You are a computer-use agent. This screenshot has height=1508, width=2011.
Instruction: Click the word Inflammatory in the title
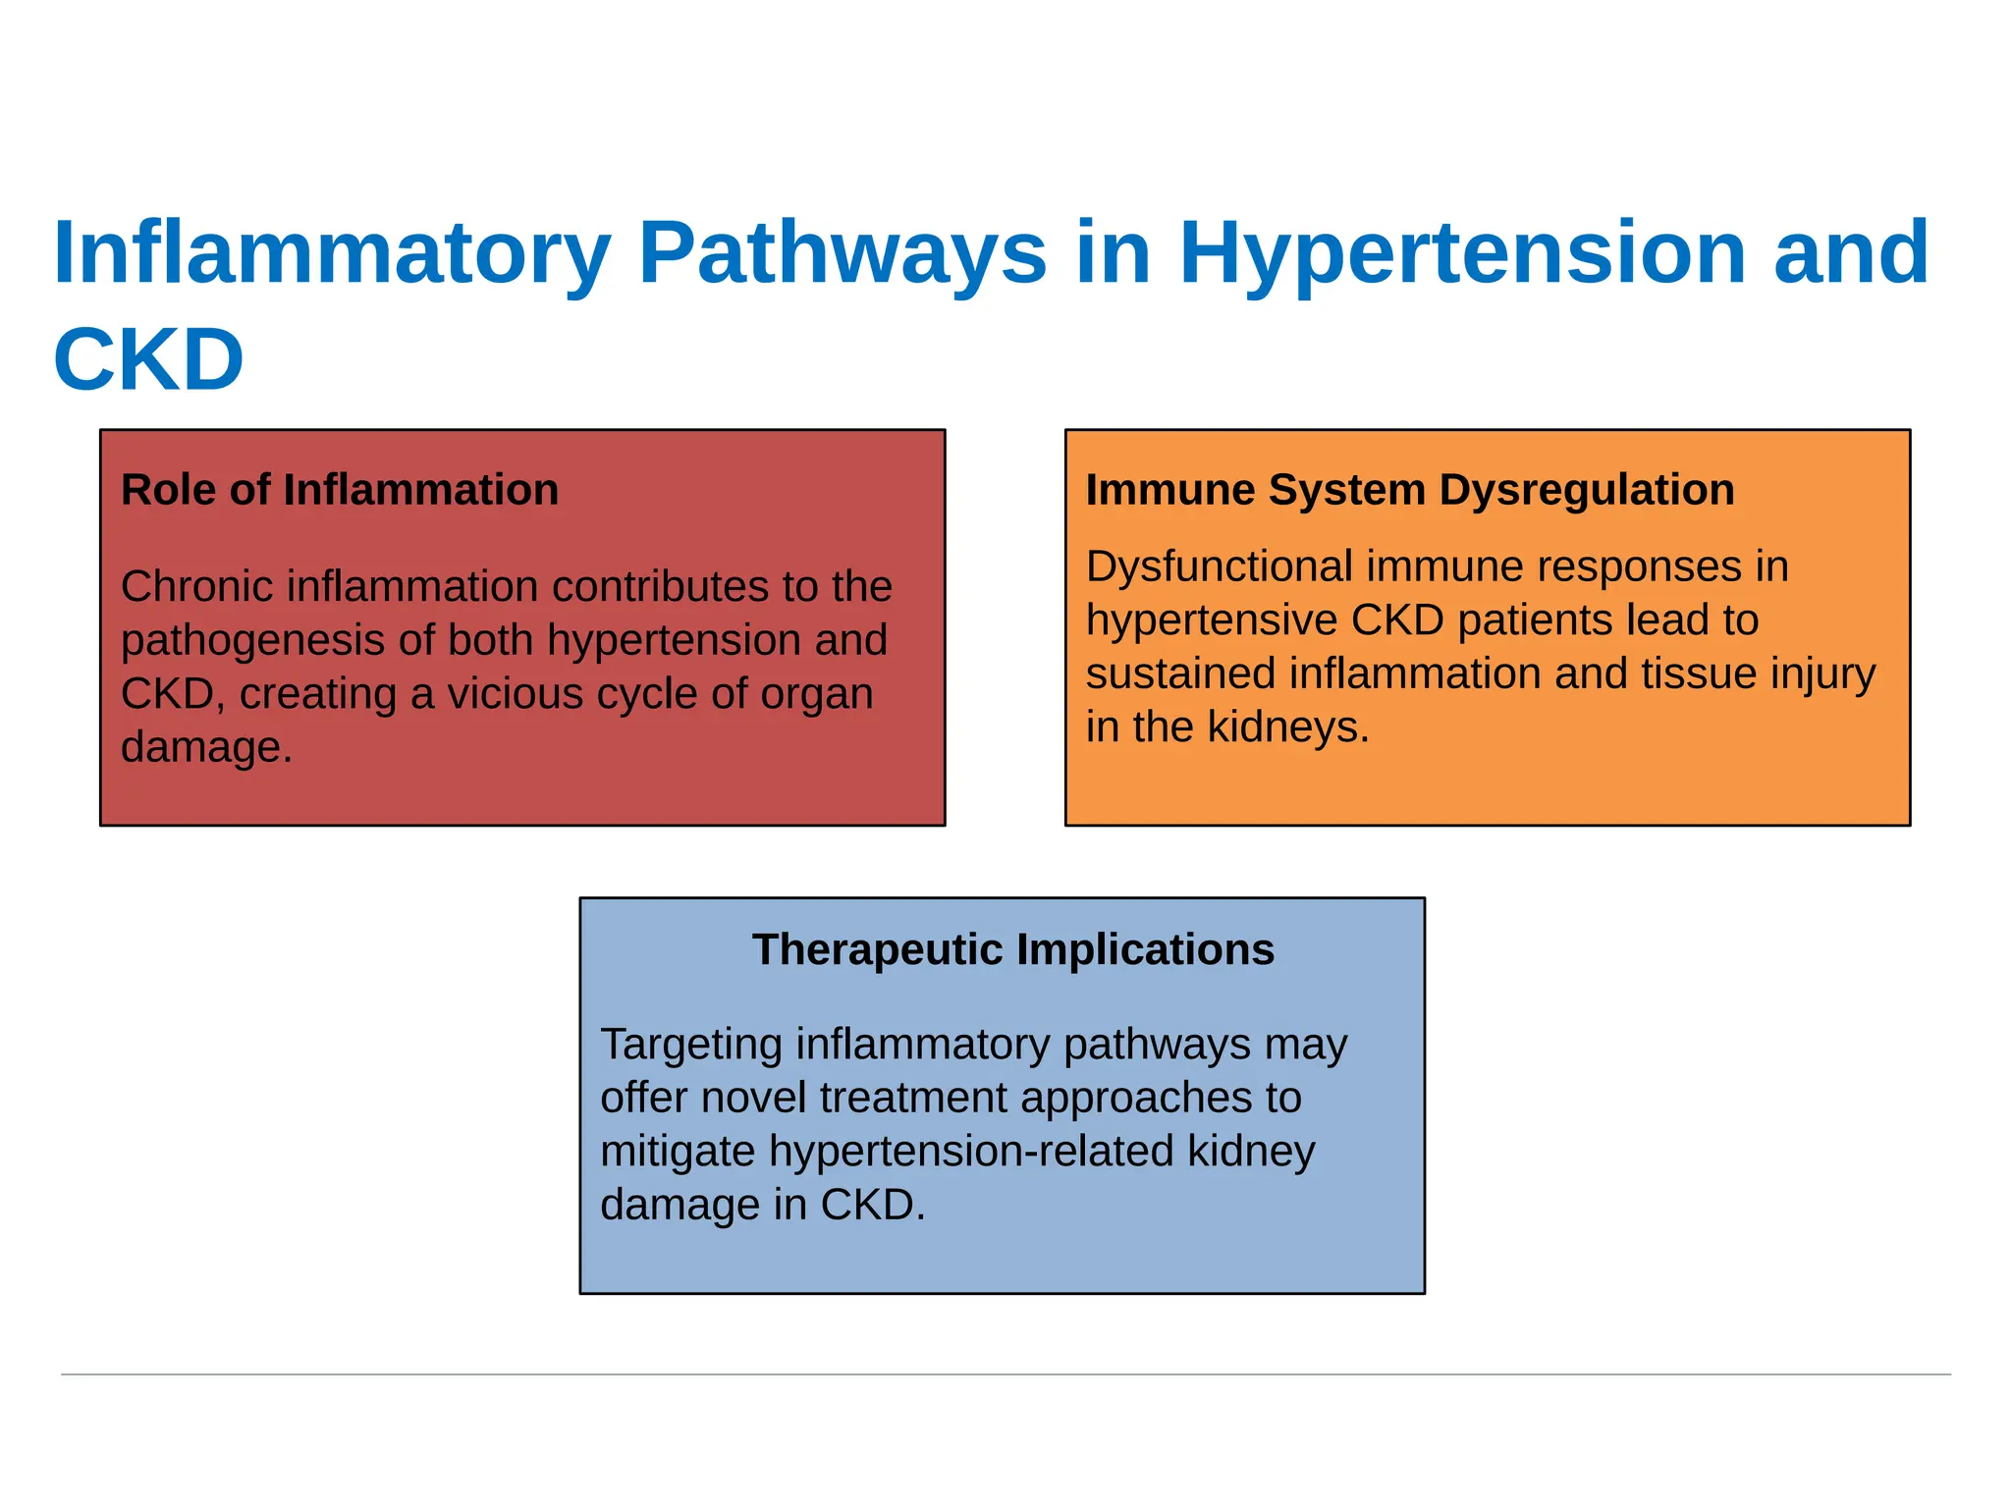click(332, 253)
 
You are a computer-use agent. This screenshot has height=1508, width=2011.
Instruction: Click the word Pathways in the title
click(842, 253)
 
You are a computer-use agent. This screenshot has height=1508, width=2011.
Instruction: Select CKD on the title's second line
click(148, 359)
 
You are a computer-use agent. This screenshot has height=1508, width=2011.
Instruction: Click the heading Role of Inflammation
click(340, 489)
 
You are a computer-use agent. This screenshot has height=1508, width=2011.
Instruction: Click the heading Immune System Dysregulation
click(1409, 489)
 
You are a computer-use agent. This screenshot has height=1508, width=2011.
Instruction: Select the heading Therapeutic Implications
click(1012, 949)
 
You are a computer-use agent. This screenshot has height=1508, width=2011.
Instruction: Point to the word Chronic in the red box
click(196, 586)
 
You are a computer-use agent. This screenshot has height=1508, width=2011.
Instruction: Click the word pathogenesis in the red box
click(251, 640)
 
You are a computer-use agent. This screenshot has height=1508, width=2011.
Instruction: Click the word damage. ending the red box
click(206, 747)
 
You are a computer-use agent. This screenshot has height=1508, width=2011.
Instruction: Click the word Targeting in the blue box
click(690, 1044)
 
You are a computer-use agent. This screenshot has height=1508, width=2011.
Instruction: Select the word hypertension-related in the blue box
click(971, 1151)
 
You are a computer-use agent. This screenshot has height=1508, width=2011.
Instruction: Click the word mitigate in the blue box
click(677, 1151)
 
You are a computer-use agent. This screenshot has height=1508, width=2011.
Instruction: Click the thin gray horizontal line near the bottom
click(1005, 1374)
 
